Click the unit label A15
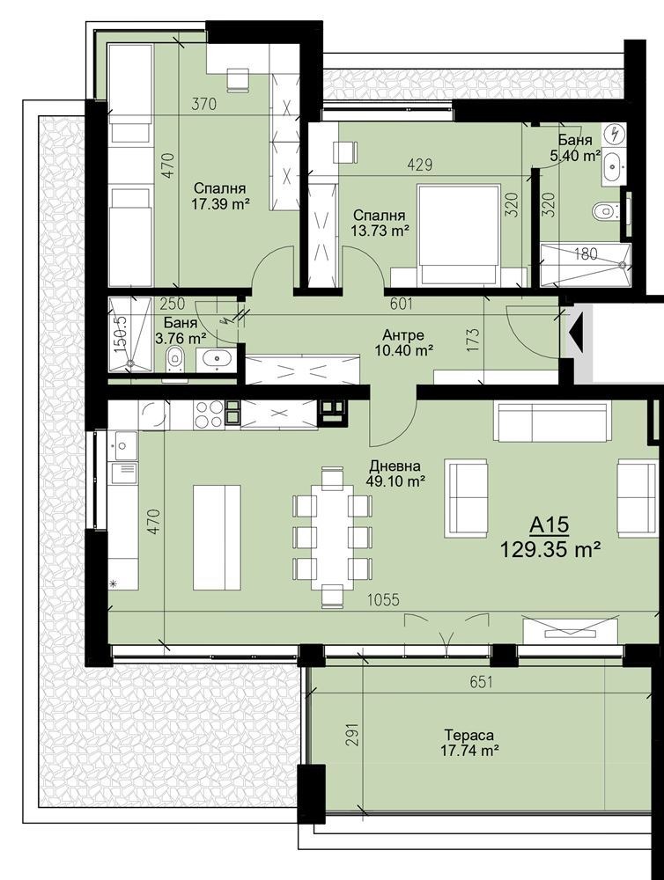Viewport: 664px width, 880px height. click(x=550, y=525)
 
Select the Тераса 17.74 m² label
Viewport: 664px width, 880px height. click(x=469, y=743)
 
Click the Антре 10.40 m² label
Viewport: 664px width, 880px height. click(x=403, y=343)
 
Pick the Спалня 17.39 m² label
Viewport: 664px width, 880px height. click(x=220, y=196)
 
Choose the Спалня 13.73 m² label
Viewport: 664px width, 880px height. click(x=380, y=223)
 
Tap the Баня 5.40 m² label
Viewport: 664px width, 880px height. click(x=575, y=148)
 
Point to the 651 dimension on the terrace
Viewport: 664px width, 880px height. click(x=482, y=682)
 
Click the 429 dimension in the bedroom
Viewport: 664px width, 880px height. click(x=420, y=165)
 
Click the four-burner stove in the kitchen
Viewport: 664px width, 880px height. click(x=209, y=415)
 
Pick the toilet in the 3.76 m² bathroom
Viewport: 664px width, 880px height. click(x=176, y=360)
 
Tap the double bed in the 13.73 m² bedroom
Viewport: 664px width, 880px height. click(x=458, y=236)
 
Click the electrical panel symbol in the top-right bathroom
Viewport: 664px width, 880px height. click(x=616, y=135)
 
